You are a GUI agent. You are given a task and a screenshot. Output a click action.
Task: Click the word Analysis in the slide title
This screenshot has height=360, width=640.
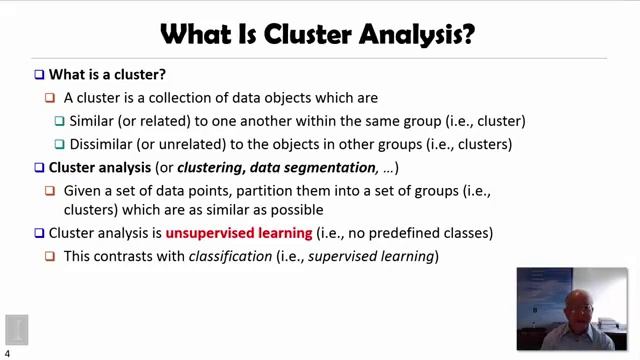[412, 34]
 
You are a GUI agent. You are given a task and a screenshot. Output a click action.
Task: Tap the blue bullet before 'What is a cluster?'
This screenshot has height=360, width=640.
[39, 75]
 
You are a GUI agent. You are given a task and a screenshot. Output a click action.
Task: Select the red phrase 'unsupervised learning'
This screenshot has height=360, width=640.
[239, 233]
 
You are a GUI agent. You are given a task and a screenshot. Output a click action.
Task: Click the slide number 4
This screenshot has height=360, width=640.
[7, 353]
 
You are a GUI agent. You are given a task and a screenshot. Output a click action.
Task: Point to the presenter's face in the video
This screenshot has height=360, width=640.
[577, 306]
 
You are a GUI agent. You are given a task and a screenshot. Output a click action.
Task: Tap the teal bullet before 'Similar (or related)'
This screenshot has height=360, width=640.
[60, 121]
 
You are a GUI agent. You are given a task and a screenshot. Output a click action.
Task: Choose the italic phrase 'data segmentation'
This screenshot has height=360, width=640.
[313, 167]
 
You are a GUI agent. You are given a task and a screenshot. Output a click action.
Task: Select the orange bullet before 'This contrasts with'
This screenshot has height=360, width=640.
[50, 256]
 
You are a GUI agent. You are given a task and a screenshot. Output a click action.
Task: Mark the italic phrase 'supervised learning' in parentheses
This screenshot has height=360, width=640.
[370, 256]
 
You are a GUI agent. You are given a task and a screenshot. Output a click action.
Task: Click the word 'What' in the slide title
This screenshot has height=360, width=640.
[197, 34]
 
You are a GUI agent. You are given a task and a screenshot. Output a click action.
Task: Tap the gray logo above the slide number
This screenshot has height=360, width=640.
[16, 329]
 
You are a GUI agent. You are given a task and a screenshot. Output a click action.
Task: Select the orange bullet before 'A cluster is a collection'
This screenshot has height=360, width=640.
[50, 98]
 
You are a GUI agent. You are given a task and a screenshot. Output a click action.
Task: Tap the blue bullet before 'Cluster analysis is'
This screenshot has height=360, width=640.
[39, 233]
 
